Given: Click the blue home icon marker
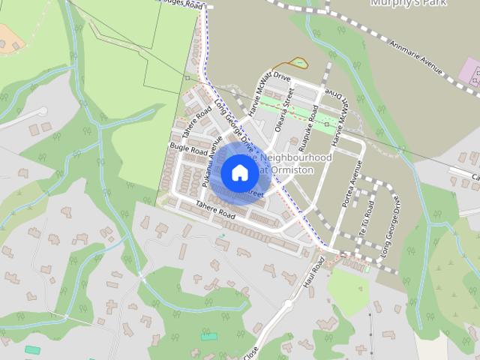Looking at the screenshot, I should pyautogui.click(x=239, y=172).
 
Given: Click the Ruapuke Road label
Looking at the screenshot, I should pyautogui.click(x=309, y=121).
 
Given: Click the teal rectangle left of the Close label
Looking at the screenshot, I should pyautogui.click(x=208, y=336).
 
